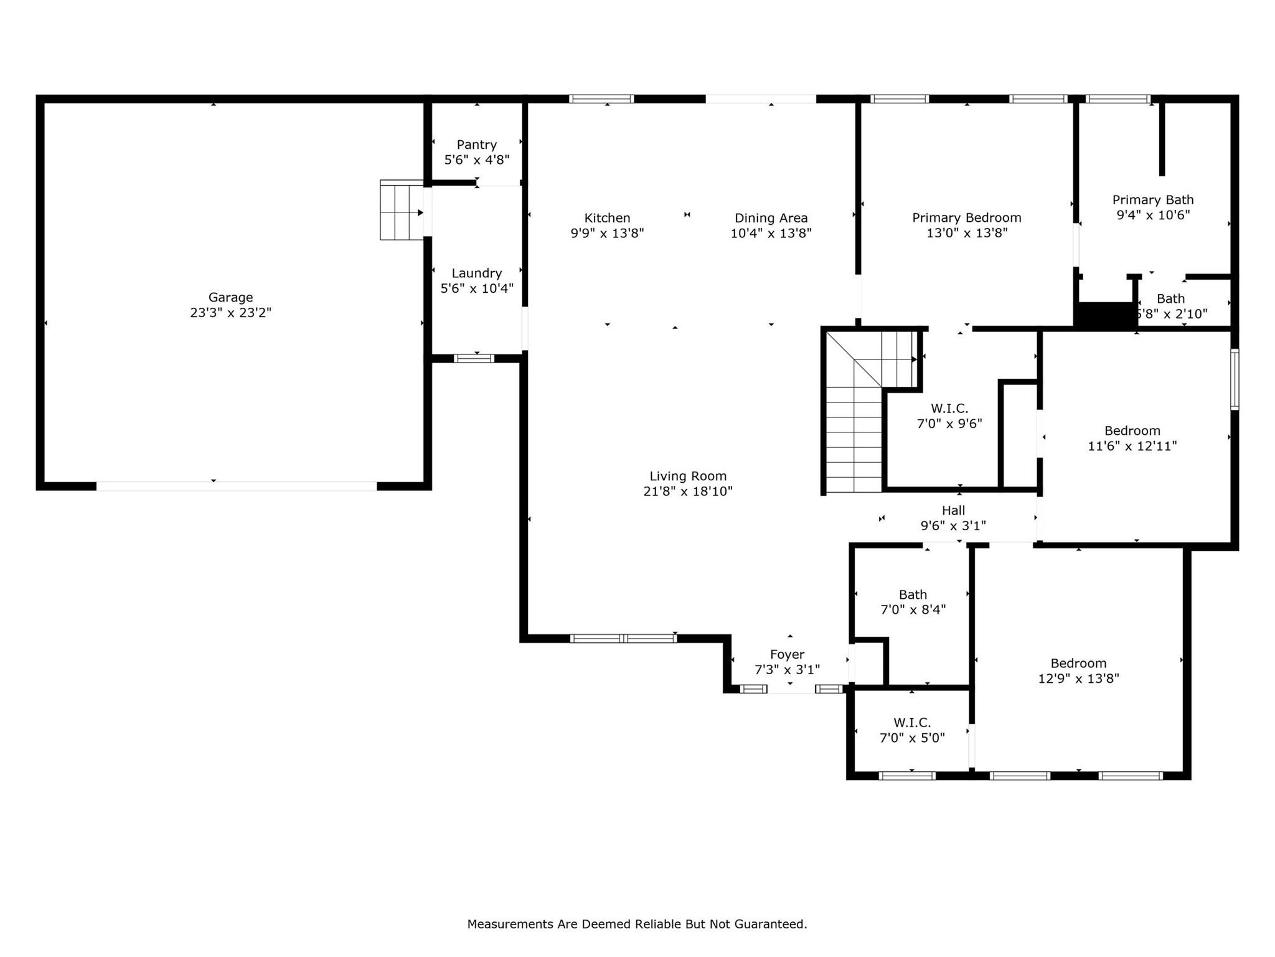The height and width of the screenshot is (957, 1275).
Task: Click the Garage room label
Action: (x=230, y=297)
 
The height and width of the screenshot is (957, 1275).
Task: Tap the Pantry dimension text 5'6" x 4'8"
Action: (x=476, y=160)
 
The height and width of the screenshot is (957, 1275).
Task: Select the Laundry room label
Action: (x=476, y=273)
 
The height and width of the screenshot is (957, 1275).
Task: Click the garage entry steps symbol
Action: (x=401, y=210)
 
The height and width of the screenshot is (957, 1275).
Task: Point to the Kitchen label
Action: (x=607, y=218)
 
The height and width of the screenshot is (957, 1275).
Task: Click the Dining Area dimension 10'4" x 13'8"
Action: (x=771, y=234)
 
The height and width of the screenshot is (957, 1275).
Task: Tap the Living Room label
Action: (x=688, y=476)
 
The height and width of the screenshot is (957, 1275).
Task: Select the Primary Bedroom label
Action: (x=966, y=217)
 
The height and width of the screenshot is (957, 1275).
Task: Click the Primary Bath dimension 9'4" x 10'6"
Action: (x=1153, y=215)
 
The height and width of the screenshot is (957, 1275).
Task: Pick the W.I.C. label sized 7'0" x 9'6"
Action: (x=949, y=409)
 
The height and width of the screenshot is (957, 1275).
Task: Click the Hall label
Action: (x=953, y=510)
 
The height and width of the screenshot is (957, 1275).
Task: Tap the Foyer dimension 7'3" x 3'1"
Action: (x=787, y=670)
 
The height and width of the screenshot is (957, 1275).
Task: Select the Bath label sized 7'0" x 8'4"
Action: (x=913, y=594)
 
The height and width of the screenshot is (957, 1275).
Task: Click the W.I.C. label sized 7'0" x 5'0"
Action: (x=912, y=723)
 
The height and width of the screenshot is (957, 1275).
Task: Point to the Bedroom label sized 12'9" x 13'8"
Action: (x=1078, y=663)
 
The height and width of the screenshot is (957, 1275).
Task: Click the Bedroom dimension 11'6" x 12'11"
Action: (x=1132, y=446)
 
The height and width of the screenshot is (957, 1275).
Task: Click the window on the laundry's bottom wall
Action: (x=474, y=358)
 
